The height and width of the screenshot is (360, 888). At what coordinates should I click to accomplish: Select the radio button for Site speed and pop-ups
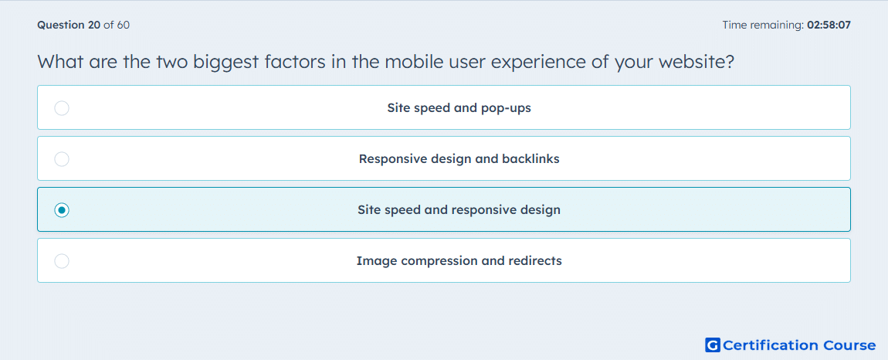[x=62, y=107]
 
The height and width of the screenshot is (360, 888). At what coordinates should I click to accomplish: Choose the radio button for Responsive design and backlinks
[x=62, y=159]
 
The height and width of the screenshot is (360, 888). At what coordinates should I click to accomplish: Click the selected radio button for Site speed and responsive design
[x=62, y=210]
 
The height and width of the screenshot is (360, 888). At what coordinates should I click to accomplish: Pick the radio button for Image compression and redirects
[x=62, y=261]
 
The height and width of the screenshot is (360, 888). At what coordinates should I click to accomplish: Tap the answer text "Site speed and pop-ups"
[x=459, y=107]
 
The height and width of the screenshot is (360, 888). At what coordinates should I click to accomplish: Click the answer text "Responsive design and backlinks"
[x=459, y=158]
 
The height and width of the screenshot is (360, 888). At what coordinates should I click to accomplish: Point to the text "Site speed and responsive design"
[x=459, y=210]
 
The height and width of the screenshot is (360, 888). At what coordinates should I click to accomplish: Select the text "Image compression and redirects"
[x=459, y=261]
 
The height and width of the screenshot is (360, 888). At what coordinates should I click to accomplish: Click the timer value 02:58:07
[x=829, y=25]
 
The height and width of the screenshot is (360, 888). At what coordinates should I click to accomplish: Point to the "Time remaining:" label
[x=763, y=25]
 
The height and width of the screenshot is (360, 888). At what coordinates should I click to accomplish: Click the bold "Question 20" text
[x=69, y=25]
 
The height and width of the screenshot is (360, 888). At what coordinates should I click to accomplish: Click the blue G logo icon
[x=713, y=345]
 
